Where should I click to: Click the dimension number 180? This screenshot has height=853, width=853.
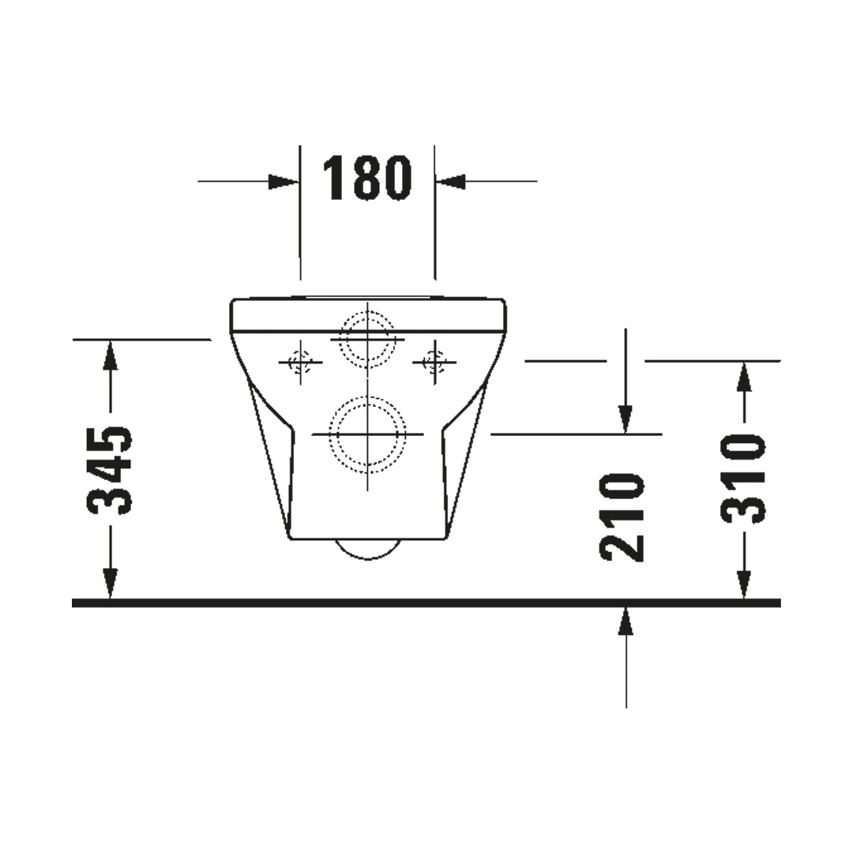point(367,178)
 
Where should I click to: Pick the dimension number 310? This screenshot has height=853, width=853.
point(743,478)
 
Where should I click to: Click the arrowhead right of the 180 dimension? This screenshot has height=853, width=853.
point(450,182)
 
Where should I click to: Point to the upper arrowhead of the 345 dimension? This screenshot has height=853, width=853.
point(111,355)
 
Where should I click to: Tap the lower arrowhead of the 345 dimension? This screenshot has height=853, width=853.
point(111,584)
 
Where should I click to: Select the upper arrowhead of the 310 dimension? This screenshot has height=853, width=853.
point(745,377)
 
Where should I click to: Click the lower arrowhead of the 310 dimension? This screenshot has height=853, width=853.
point(745,584)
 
